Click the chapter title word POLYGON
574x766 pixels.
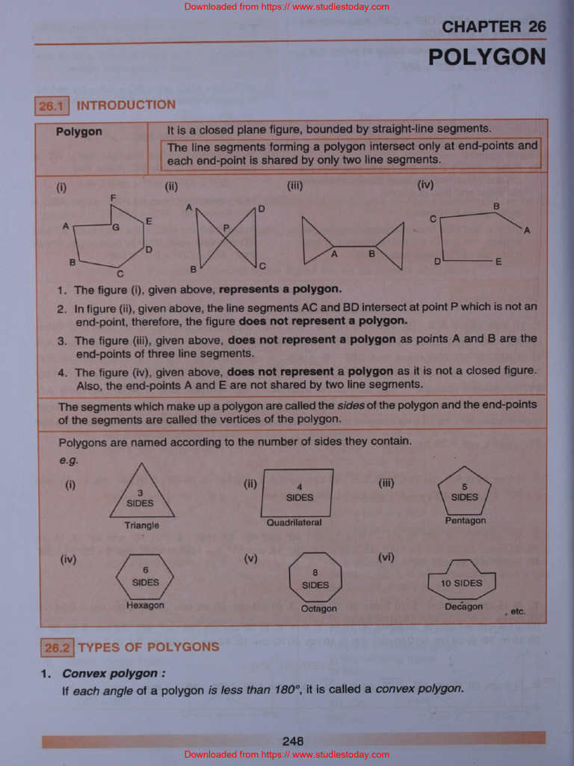487,57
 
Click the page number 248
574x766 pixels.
293,741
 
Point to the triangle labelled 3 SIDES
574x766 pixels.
141,496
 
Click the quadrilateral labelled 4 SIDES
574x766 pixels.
299,493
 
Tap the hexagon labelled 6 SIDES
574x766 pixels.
145,577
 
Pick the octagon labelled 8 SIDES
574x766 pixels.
315,578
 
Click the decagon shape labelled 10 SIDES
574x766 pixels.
462,581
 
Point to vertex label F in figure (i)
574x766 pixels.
113,197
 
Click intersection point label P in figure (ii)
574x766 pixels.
226,227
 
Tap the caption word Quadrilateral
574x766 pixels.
294,523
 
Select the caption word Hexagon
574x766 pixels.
145,605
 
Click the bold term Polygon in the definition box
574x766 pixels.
79,132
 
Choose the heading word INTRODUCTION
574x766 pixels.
126,105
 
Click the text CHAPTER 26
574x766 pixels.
493,27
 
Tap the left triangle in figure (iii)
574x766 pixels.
315,242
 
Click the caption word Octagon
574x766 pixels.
318,609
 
